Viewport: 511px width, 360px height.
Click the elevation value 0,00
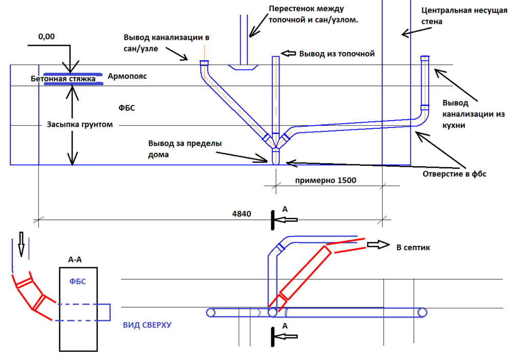click(x=47, y=36)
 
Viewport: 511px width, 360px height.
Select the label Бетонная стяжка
click(x=63, y=79)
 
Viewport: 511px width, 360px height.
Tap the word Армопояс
click(x=127, y=76)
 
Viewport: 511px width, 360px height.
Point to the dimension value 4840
click(x=241, y=214)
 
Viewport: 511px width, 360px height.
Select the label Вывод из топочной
click(x=337, y=53)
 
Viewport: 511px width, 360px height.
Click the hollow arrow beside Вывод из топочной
click(x=289, y=53)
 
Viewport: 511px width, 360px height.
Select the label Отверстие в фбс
click(x=455, y=173)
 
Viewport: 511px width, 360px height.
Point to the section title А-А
click(x=75, y=259)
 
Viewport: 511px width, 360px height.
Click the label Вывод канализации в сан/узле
click(x=167, y=42)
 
